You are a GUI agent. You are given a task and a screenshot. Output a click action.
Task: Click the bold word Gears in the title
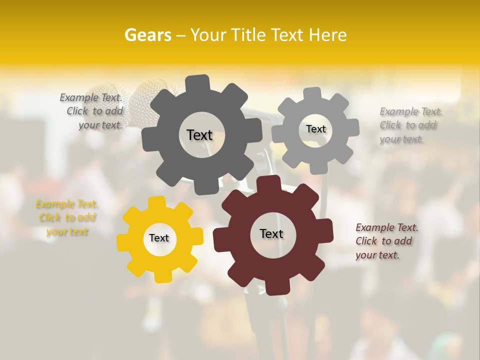(x=147, y=35)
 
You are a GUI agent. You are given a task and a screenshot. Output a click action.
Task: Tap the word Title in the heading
(x=248, y=35)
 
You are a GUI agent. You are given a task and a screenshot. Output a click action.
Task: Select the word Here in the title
(x=327, y=35)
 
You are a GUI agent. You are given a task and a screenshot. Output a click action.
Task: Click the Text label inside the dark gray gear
(x=199, y=135)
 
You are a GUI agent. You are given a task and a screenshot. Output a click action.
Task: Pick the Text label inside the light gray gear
(x=315, y=129)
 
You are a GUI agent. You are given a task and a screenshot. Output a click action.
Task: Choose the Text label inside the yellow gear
(x=159, y=238)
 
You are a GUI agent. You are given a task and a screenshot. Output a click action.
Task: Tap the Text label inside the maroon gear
(x=271, y=233)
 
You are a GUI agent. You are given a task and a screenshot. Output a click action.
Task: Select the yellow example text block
(x=67, y=218)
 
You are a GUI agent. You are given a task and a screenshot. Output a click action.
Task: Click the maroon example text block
(x=386, y=241)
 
